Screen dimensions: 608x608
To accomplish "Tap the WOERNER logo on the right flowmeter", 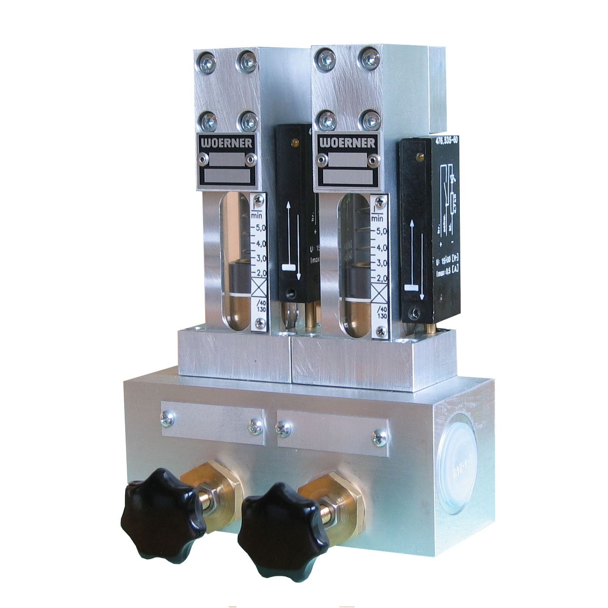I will point(346,143).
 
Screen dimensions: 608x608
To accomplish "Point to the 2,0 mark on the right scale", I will point(380,278).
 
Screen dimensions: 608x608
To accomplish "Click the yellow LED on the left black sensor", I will point(296,142).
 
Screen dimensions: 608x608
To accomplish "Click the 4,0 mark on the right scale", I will point(380,248).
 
